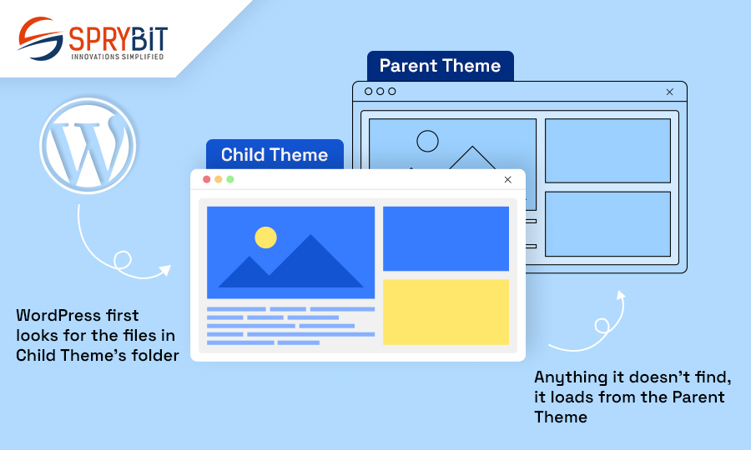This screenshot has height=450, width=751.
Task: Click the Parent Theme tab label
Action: click(x=440, y=66)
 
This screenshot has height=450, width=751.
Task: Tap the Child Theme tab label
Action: click(x=275, y=154)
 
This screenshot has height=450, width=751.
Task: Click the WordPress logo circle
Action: click(x=88, y=146)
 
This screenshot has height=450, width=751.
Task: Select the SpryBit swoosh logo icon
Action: click(x=41, y=38)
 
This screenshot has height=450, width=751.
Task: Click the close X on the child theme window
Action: click(x=507, y=179)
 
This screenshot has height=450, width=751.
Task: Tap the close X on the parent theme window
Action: click(x=669, y=92)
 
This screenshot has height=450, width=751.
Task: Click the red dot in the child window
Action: click(x=206, y=179)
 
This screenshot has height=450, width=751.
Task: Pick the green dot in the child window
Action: click(x=230, y=179)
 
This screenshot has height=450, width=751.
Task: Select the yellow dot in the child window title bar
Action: click(x=219, y=179)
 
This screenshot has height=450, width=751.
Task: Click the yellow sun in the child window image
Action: click(x=266, y=237)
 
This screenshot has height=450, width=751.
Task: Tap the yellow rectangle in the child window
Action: click(x=446, y=312)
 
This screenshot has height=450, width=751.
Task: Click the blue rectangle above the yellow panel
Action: click(x=446, y=238)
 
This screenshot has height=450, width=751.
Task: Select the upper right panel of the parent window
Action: click(x=607, y=151)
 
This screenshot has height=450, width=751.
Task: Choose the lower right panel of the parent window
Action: click(x=607, y=224)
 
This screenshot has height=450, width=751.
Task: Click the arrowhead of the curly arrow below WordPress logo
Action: click(x=165, y=270)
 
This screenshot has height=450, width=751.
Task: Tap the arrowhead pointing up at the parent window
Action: click(x=621, y=295)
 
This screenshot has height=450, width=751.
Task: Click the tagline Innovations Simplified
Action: click(x=118, y=57)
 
